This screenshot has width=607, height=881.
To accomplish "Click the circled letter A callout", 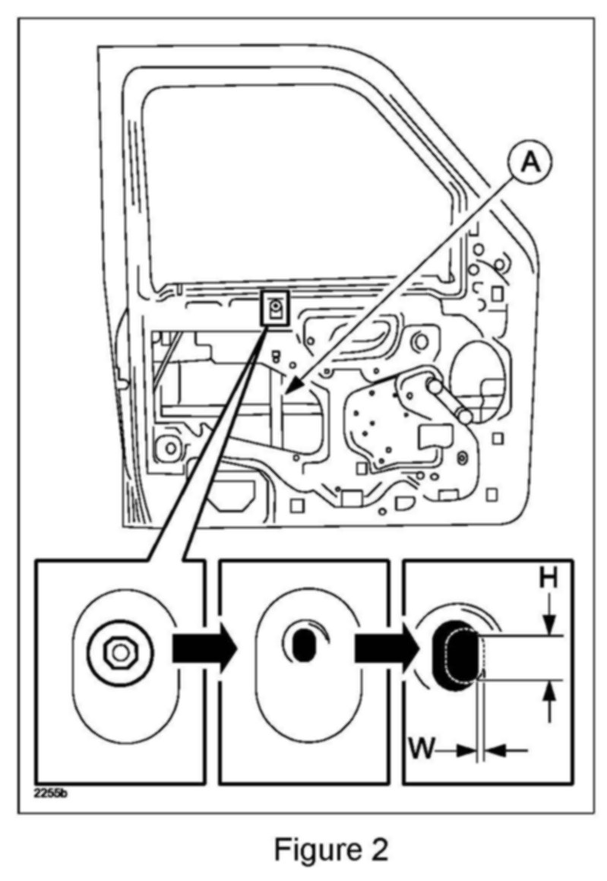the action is (530, 163).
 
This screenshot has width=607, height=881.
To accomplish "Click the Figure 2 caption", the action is (330, 849).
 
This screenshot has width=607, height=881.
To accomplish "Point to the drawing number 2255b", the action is (51, 794).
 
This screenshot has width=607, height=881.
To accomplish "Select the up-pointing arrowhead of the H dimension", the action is (550, 692).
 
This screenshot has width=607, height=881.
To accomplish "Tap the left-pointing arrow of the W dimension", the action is (506, 749).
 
